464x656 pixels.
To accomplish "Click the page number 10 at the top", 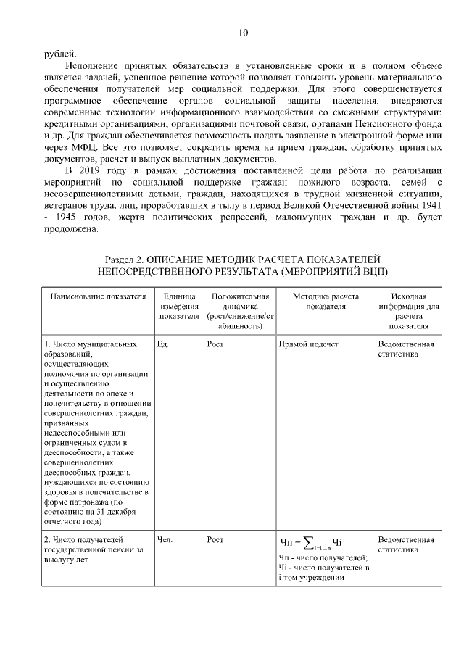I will [243, 33].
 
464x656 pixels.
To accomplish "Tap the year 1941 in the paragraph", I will [428, 205].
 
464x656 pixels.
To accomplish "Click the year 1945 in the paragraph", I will [67, 217].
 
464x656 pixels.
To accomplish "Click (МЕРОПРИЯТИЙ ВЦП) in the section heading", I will [327, 271].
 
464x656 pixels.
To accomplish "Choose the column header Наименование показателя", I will [93, 297].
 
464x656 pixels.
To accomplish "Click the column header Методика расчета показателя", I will [325, 302].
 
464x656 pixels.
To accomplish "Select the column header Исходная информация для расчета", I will [408, 311].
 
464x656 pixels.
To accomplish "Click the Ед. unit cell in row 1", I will [162, 344].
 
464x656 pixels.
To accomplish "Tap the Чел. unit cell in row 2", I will [164, 539].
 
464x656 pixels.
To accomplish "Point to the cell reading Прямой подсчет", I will [308, 344].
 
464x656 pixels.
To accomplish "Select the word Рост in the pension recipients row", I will [215, 539].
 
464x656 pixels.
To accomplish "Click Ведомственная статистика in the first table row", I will [406, 349].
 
